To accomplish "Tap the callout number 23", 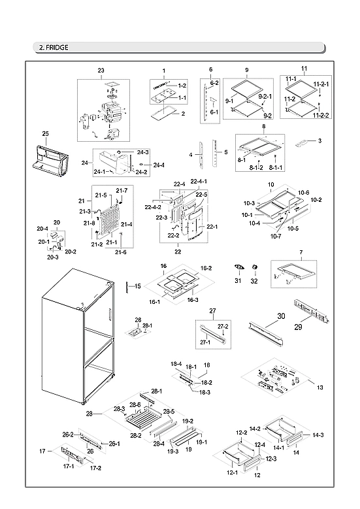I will click(101, 70).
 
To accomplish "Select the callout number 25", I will click(45, 134).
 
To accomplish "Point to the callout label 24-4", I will click(159, 165).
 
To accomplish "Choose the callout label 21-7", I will click(122, 190).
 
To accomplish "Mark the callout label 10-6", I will click(303, 192).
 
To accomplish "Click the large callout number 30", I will click(282, 316).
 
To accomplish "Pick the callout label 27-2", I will click(223, 326).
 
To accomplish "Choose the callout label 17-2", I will click(95, 468).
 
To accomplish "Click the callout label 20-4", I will click(42, 229).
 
